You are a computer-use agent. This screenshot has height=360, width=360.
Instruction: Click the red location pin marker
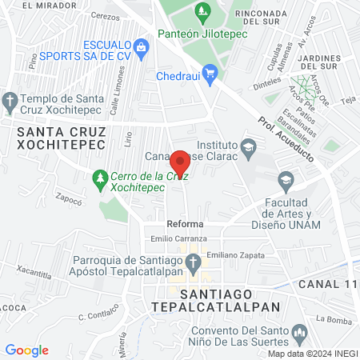[x=181, y=163]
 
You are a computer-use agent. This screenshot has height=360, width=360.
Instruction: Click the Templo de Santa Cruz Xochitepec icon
[x=10, y=102]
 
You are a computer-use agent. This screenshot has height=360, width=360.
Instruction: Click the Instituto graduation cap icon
[x=248, y=146]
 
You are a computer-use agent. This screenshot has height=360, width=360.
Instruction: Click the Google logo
[x=26, y=350]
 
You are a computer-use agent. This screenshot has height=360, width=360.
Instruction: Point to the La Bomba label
[x=330, y=318]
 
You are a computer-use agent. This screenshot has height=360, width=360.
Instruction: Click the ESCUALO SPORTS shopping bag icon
[x=142, y=46]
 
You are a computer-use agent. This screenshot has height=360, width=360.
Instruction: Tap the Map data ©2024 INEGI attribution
[x=311, y=353]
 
